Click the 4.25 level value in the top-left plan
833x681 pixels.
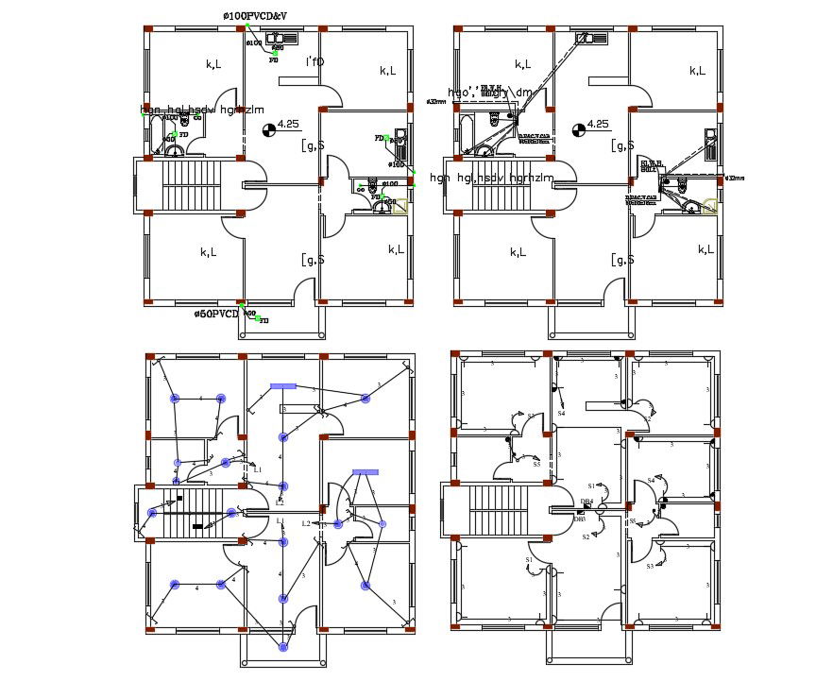[x=288, y=124]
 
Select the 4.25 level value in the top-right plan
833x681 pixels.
[x=597, y=124]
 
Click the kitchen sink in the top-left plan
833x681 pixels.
[x=283, y=38]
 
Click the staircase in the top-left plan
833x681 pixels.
[x=192, y=186]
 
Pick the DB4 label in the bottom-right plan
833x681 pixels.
[x=586, y=502]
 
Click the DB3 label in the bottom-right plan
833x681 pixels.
[x=580, y=519]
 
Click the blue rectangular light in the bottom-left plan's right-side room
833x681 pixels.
[x=365, y=471]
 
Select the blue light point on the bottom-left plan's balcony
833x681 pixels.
[x=282, y=647]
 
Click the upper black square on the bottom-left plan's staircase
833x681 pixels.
[x=178, y=497]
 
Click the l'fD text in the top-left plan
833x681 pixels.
[x=314, y=62]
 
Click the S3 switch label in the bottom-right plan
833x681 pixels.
[x=650, y=566]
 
